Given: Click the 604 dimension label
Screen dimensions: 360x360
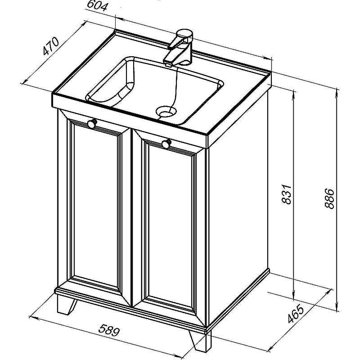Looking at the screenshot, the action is (97, 6).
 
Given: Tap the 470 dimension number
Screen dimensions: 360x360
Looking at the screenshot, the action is (51, 46).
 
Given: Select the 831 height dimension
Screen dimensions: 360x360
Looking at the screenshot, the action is (287, 194).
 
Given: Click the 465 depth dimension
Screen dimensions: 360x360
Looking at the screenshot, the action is (296, 314).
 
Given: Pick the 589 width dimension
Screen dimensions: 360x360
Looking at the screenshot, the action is (109, 330).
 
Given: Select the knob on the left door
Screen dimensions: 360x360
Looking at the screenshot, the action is (92, 123).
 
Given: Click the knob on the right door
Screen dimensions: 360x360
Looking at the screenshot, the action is (166, 144).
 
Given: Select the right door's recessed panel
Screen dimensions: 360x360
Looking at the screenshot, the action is (170, 227).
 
